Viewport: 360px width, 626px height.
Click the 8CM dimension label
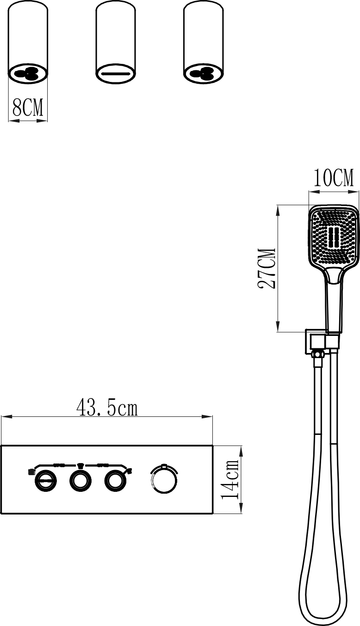(28, 107)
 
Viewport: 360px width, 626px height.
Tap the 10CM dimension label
(334, 178)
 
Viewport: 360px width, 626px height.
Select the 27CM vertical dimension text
(267, 268)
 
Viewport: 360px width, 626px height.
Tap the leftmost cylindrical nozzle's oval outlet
(28, 74)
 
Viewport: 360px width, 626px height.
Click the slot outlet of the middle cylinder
(115, 74)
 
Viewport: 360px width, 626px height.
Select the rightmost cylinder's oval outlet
(204, 74)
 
